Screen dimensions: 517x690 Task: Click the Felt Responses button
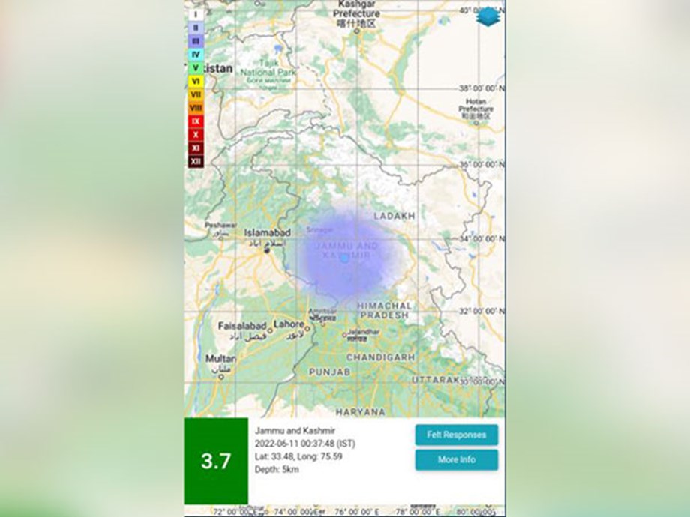[x=456, y=435]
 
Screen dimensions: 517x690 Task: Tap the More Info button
[x=456, y=459]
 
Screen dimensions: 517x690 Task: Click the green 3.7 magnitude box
[x=216, y=461]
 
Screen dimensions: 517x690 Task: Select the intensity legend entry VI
[x=196, y=81]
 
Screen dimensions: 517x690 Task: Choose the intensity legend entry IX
[x=196, y=121]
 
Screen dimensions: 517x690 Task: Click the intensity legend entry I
[x=196, y=13]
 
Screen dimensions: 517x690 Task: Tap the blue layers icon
[x=487, y=16]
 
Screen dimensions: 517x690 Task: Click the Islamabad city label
[x=267, y=233]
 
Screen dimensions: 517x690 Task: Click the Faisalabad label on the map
[x=242, y=327]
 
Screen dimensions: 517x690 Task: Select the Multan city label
[x=220, y=359]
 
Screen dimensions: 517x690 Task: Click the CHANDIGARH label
[x=380, y=357]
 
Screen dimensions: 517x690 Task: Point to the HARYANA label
[x=360, y=411]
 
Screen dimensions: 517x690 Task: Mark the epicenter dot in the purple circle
[x=344, y=258]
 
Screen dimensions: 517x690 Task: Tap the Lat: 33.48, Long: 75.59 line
[x=298, y=456]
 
